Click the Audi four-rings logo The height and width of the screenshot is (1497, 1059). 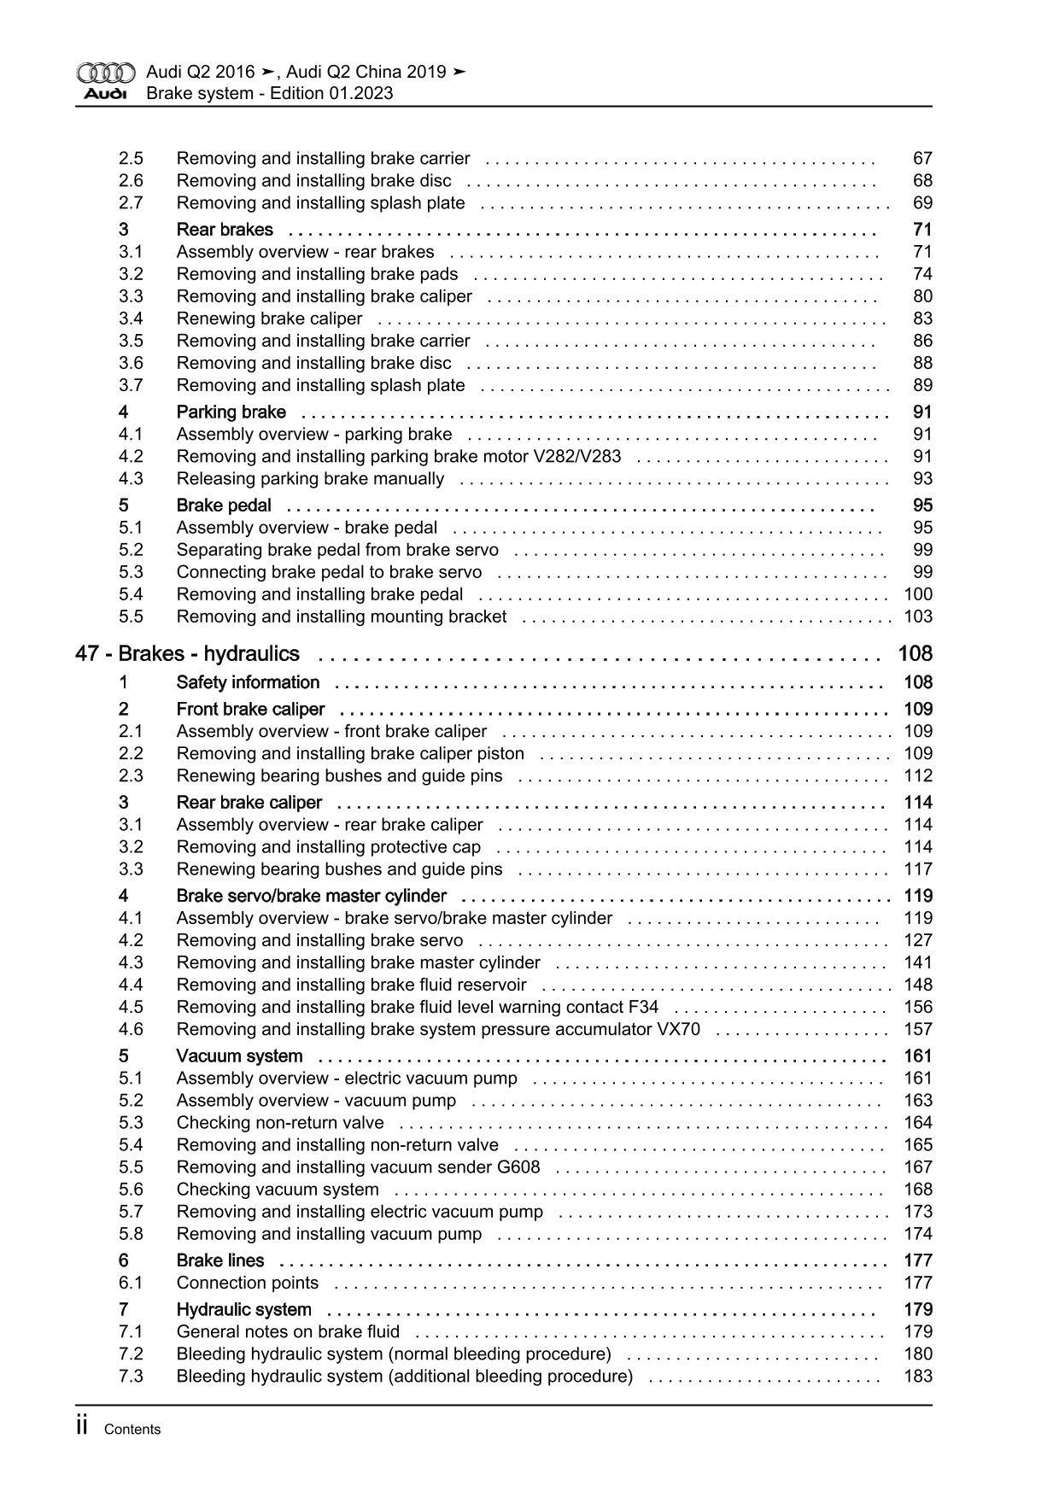[x=106, y=73]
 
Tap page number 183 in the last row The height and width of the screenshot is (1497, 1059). [x=917, y=1376]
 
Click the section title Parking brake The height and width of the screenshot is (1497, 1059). [x=231, y=412]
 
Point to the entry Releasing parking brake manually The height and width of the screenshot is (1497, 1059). [x=310, y=479]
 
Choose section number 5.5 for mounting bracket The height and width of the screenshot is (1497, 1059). [x=131, y=617]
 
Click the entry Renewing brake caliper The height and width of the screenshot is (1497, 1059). [x=269, y=319]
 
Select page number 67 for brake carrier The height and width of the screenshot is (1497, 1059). [x=922, y=159]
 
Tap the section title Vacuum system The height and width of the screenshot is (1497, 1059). [x=239, y=1056]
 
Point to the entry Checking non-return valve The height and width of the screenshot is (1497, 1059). [x=280, y=1123]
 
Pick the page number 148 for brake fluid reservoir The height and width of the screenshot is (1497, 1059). [x=917, y=985]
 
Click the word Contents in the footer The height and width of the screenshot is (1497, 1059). [x=132, y=1430]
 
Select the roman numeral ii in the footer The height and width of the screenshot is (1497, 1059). [x=83, y=1426]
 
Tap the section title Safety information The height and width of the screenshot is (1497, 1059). [x=248, y=682]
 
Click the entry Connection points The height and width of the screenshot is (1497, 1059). [x=247, y=1283]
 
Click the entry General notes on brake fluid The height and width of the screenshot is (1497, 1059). [x=288, y=1331]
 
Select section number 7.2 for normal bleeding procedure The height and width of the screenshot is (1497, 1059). [x=131, y=1354]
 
